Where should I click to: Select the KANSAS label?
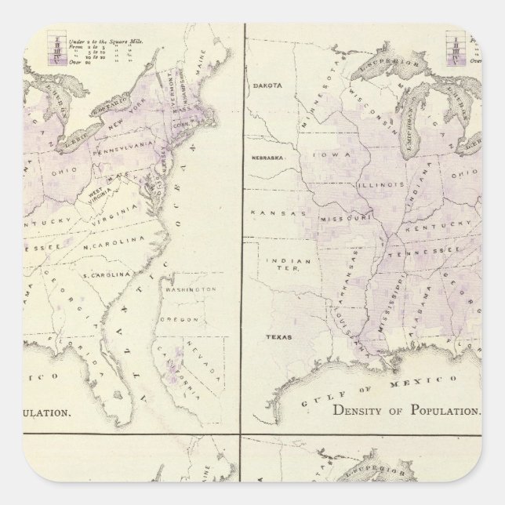click(x=269, y=213)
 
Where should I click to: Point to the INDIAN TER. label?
click(x=279, y=266)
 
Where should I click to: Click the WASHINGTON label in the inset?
click(x=191, y=290)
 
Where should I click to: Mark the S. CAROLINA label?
click(x=110, y=276)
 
